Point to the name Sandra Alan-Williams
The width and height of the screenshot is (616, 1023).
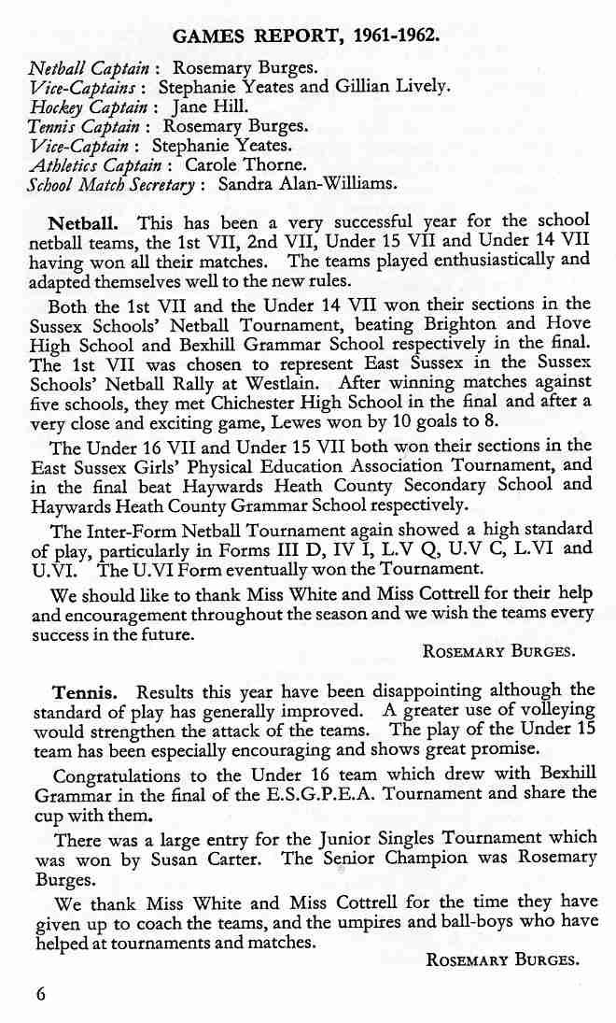coord(307,184)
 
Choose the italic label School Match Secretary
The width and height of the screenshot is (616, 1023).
coord(111,184)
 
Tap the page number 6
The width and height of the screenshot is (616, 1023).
coord(40,994)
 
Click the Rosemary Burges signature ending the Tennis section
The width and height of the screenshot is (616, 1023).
coord(499,959)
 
